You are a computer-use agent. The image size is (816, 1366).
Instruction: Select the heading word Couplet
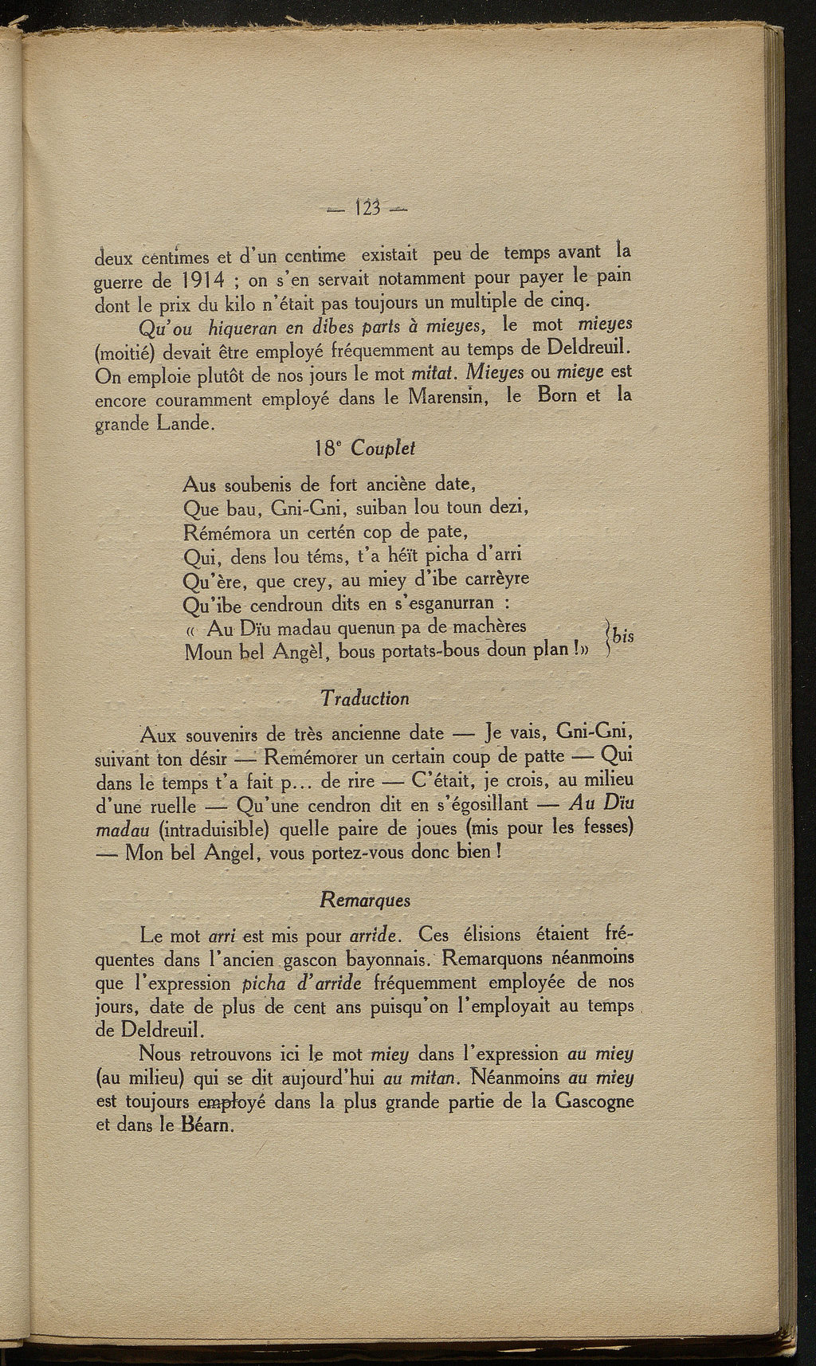pyautogui.click(x=382, y=448)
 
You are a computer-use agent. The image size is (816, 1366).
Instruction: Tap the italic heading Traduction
pyautogui.click(x=365, y=698)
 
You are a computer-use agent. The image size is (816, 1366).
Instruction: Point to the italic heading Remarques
pyautogui.click(x=365, y=900)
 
